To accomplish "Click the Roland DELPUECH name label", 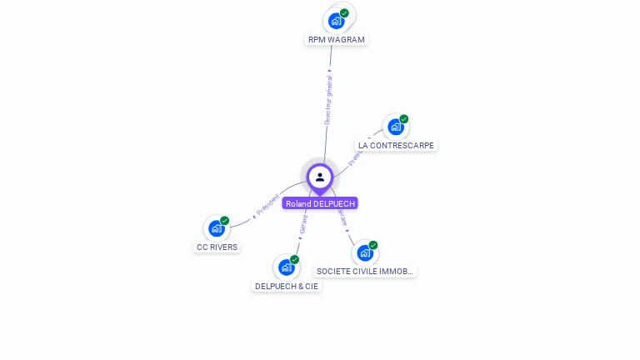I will (320, 203).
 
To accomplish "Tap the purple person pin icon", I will (320, 177).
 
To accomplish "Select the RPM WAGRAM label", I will (336, 39).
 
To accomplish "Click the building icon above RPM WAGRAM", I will (336, 21).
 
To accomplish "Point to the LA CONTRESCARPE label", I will (396, 145).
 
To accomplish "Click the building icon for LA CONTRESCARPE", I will (395, 127).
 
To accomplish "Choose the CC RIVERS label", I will (217, 247).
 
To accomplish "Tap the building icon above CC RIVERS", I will (216, 228).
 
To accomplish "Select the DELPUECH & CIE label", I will (287, 286).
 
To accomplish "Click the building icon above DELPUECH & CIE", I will (286, 267).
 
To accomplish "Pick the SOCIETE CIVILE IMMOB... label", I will (365, 271).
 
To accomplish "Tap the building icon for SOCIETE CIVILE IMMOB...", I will (364, 252).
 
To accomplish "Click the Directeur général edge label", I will (328, 98).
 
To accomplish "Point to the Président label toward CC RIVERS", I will (267, 206).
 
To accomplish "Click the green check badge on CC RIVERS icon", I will (225, 221).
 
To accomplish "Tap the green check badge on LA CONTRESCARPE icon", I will (404, 119).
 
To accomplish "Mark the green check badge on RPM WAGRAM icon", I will (344, 13).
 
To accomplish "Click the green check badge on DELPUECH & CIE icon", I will (295, 260).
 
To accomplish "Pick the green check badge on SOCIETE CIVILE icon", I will (373, 245).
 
